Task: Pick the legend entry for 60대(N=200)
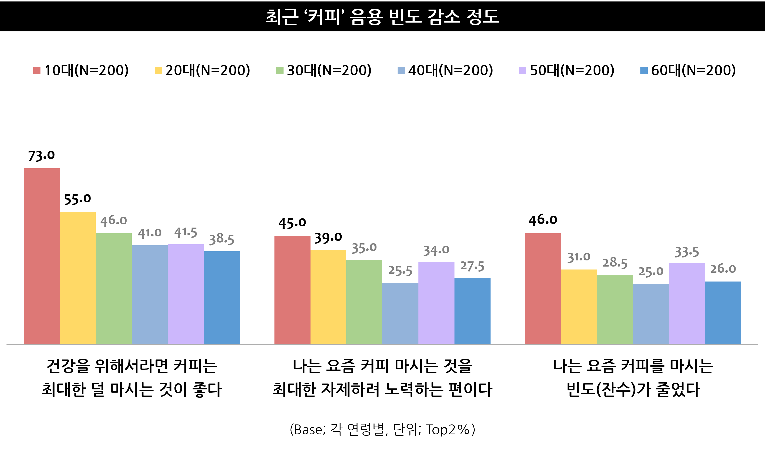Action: pyautogui.click(x=688, y=70)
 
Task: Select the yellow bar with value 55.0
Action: pyautogui.click(x=78, y=278)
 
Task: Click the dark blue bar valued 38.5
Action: pyautogui.click(x=222, y=297)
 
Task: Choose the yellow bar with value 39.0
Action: pyautogui.click(x=328, y=297)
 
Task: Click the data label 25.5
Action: pyautogui.click(x=400, y=271)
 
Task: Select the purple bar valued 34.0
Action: pyautogui.click(x=436, y=303)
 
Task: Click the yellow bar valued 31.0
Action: pyautogui.click(x=579, y=306)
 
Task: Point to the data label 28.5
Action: pyautogui.click(x=615, y=263)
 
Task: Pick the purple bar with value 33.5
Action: pyautogui.click(x=687, y=303)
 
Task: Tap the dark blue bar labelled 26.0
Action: pyautogui.click(x=723, y=312)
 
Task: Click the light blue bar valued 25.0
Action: pyautogui.click(x=651, y=314)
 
